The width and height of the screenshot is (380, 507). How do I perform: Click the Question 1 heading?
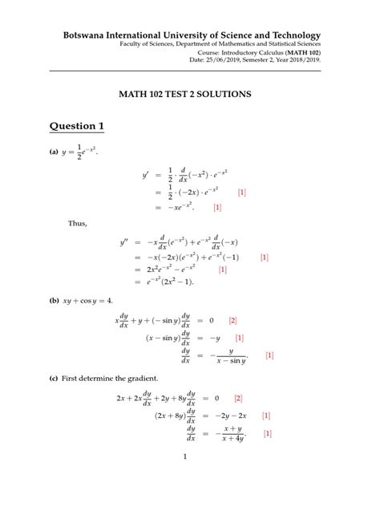click(x=77, y=126)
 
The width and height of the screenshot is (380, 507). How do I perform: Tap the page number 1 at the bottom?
click(x=184, y=457)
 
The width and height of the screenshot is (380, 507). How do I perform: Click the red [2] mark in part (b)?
click(x=232, y=320)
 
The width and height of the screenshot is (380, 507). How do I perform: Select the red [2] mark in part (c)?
click(x=238, y=398)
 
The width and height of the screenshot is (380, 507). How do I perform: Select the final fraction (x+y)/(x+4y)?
click(x=232, y=434)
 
